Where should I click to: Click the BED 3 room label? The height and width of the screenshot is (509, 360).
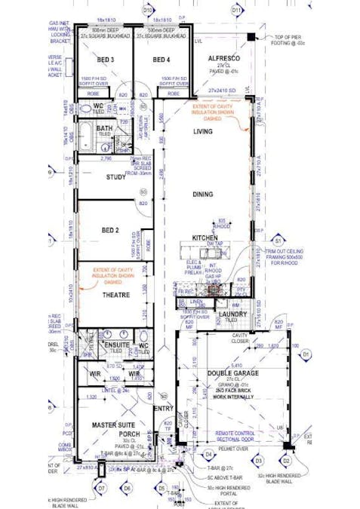coord(105,60)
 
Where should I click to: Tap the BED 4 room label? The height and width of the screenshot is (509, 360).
coord(162,60)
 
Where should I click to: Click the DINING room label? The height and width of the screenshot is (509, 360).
coord(202,195)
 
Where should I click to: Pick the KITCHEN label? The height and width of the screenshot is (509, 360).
coord(205,238)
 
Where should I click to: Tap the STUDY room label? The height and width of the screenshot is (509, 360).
coord(115,177)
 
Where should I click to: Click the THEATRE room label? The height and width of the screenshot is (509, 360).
coord(112,296)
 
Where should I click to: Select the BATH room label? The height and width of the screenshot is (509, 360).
coord(104,129)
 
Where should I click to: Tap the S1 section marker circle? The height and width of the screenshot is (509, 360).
coord(278,241)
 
